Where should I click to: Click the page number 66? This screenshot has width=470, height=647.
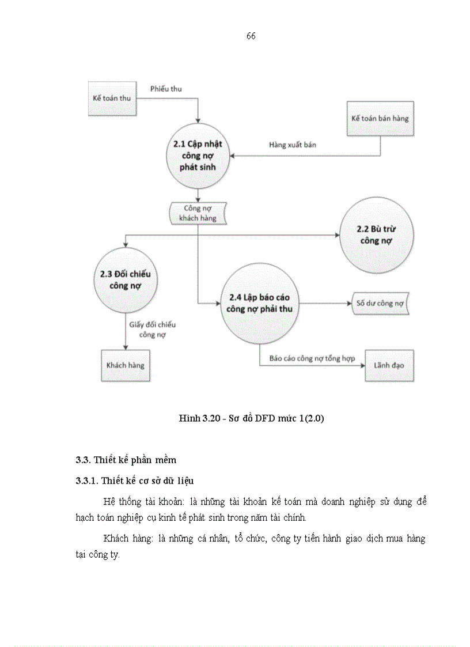[x=251, y=36]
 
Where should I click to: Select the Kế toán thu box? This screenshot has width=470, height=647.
[x=112, y=98]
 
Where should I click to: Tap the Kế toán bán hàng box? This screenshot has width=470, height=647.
[x=380, y=119]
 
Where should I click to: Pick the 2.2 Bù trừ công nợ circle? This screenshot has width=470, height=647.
[x=377, y=234]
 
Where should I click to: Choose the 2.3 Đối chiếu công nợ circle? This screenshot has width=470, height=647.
[x=125, y=279]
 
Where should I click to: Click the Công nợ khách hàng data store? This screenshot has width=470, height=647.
[x=198, y=213]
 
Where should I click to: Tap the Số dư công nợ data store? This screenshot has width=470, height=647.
[x=380, y=303]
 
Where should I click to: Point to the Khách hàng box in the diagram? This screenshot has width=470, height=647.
[x=125, y=365]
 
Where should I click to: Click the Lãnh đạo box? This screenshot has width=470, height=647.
[x=389, y=365]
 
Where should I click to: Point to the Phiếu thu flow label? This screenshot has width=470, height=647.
[x=166, y=89]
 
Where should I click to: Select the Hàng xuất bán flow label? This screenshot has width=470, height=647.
[x=292, y=145]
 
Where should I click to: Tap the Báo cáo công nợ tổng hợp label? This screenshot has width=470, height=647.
[x=312, y=358]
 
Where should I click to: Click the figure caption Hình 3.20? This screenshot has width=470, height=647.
[x=251, y=419]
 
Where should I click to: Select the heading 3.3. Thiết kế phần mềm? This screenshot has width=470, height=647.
[x=126, y=460]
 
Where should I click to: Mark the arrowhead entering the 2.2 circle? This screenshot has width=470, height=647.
[x=337, y=234]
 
